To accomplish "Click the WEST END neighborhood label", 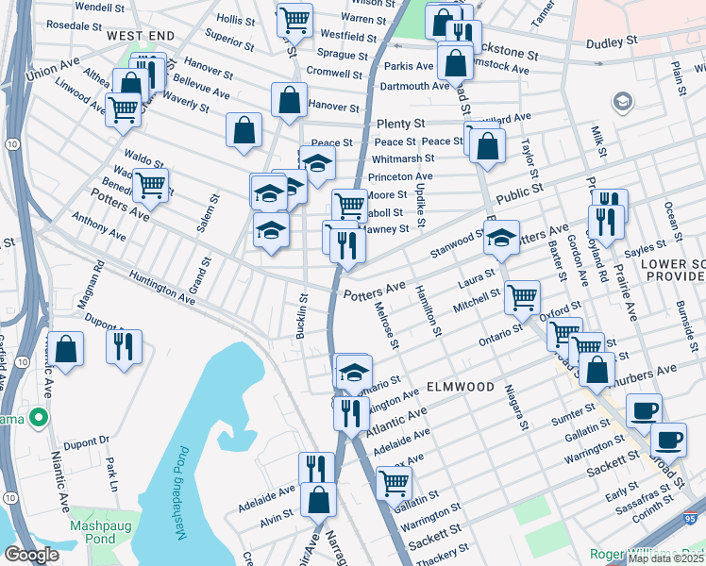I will pos(141,35).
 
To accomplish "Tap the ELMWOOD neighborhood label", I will pos(460,388).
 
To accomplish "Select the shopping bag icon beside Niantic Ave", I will pos(65,348).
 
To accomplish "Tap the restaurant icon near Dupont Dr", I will pos(124,346).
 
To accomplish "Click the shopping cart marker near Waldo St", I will pos(150,185).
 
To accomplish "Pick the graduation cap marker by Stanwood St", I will pos(502,238).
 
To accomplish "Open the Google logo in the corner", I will pos(31,555).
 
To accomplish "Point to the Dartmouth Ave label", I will pos(415,86).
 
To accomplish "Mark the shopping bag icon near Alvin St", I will pos(318,498).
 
